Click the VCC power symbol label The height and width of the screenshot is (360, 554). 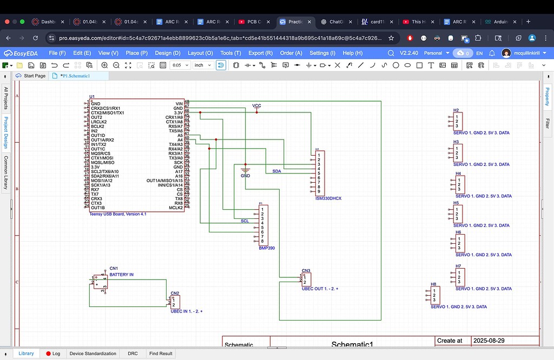(256, 105)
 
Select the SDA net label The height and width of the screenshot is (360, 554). (276, 171)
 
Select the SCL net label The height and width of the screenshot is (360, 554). (245, 221)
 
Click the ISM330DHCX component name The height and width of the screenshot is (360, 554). (328, 198)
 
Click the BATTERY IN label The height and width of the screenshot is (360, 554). (121, 275)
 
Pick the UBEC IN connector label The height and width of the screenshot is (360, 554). (186, 311)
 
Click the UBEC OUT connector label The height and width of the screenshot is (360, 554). (320, 289)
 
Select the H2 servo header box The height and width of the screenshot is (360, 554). (458, 121)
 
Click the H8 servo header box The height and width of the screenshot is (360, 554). (436, 295)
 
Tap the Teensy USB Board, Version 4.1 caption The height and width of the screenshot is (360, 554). (117, 214)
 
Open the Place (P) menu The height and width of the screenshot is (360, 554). (136, 53)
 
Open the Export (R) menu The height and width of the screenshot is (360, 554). (260, 53)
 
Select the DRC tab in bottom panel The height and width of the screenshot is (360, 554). (133, 354)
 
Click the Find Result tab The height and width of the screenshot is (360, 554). (161, 354)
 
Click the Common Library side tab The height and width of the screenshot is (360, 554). (6, 173)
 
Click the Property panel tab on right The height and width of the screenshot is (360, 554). (547, 97)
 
